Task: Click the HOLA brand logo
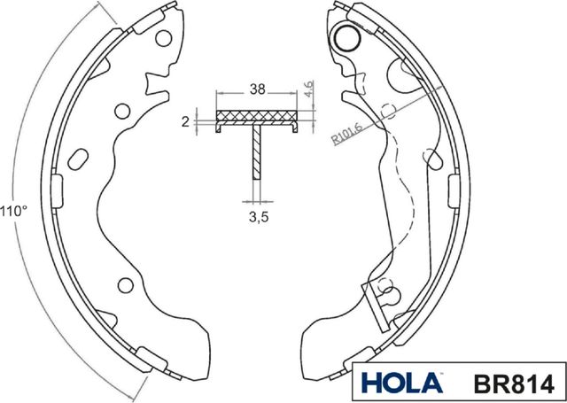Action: coord(402,383)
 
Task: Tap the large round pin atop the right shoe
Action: coord(345,37)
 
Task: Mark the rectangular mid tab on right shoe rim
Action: coord(456,191)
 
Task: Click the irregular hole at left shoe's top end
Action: coord(163,40)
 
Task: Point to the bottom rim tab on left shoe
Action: coord(148,358)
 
